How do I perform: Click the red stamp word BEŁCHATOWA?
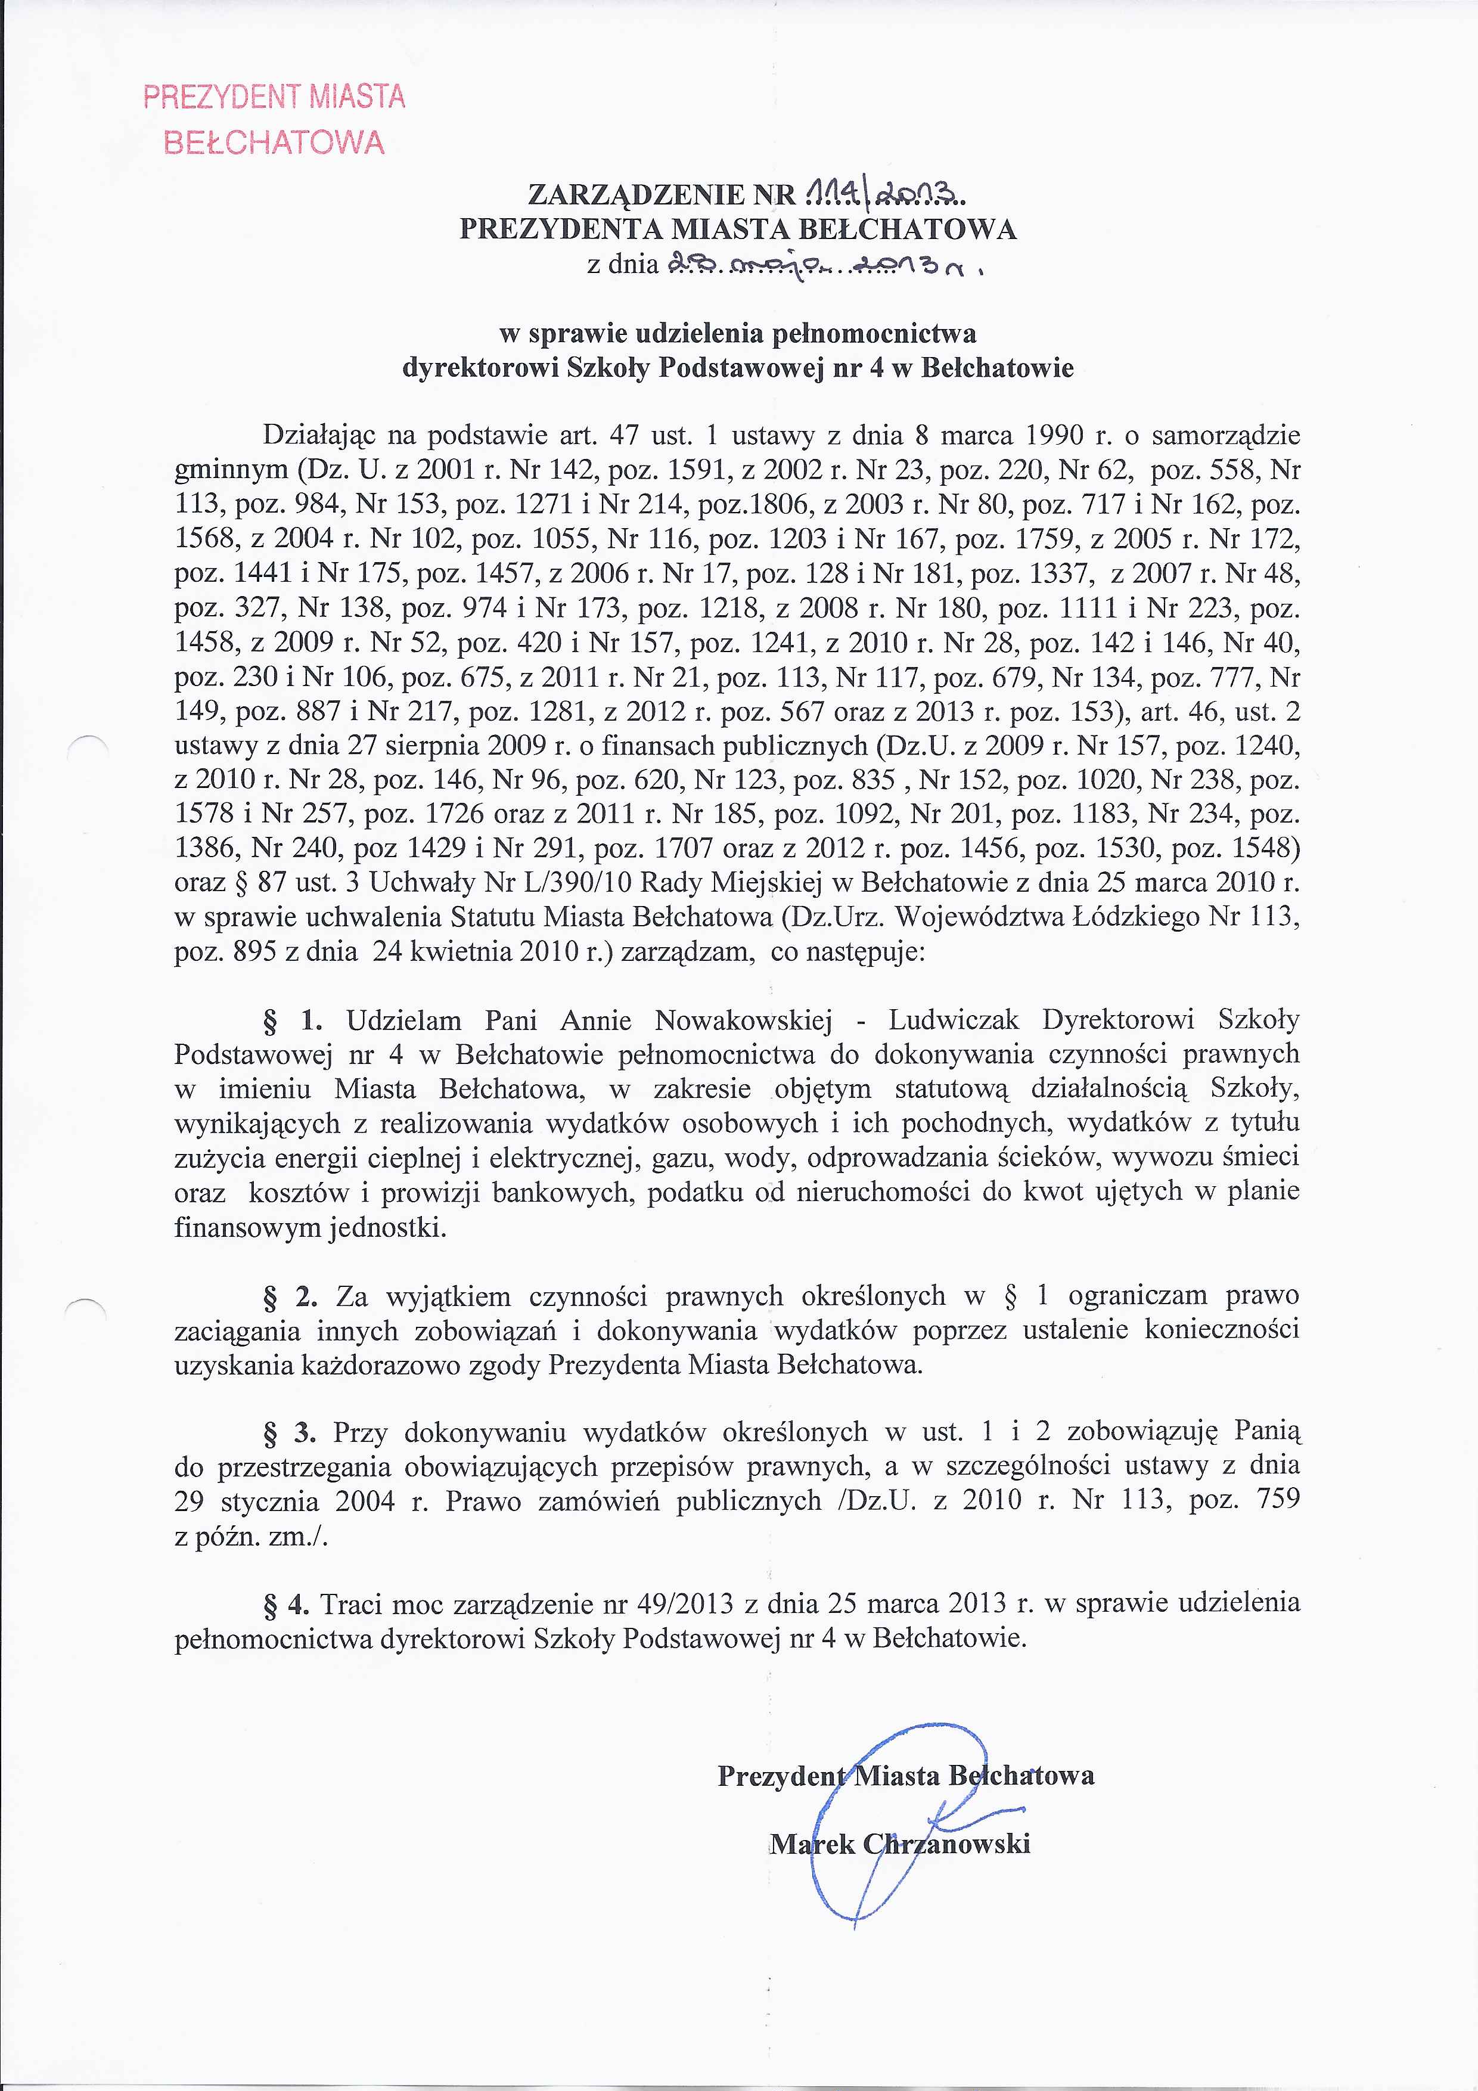point(273,143)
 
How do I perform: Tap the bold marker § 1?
point(288,1021)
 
